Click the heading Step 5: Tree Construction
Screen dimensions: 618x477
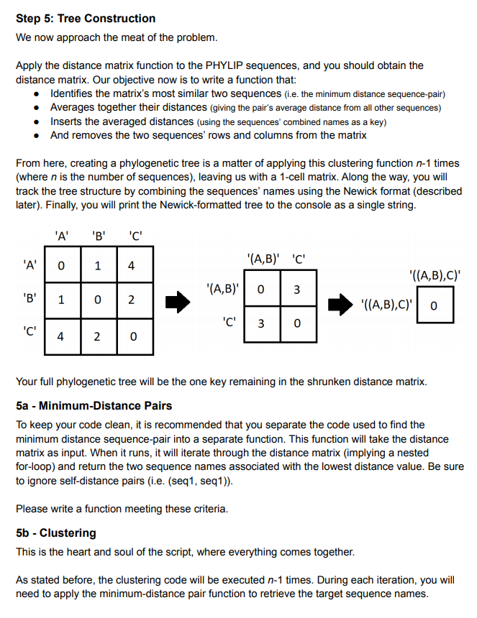point(86,18)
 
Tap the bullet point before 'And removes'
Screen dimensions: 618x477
point(37,135)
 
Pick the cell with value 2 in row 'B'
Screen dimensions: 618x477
point(130,300)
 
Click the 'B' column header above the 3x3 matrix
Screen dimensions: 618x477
point(96,234)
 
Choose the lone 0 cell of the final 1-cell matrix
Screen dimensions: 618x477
point(435,306)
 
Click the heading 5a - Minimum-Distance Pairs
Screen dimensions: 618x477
point(94,406)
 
